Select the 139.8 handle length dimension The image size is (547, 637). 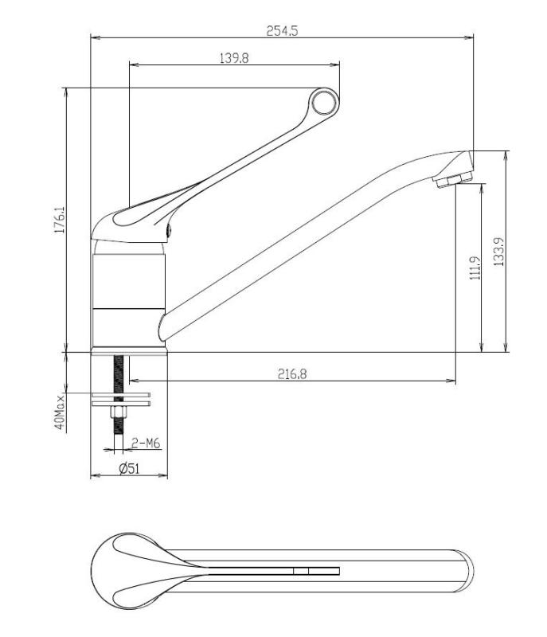pyautogui.click(x=232, y=57)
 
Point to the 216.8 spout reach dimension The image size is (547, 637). pyautogui.click(x=292, y=373)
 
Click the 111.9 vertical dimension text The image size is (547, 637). pyautogui.click(x=475, y=268)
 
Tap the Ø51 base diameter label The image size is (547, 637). pyautogui.click(x=129, y=469)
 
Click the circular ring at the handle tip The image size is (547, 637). pyautogui.click(x=324, y=102)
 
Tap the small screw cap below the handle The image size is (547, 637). pyautogui.click(x=170, y=231)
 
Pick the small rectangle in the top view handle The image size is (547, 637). pyautogui.click(x=301, y=571)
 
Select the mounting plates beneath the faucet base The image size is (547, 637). pyautogui.click(x=119, y=397)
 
